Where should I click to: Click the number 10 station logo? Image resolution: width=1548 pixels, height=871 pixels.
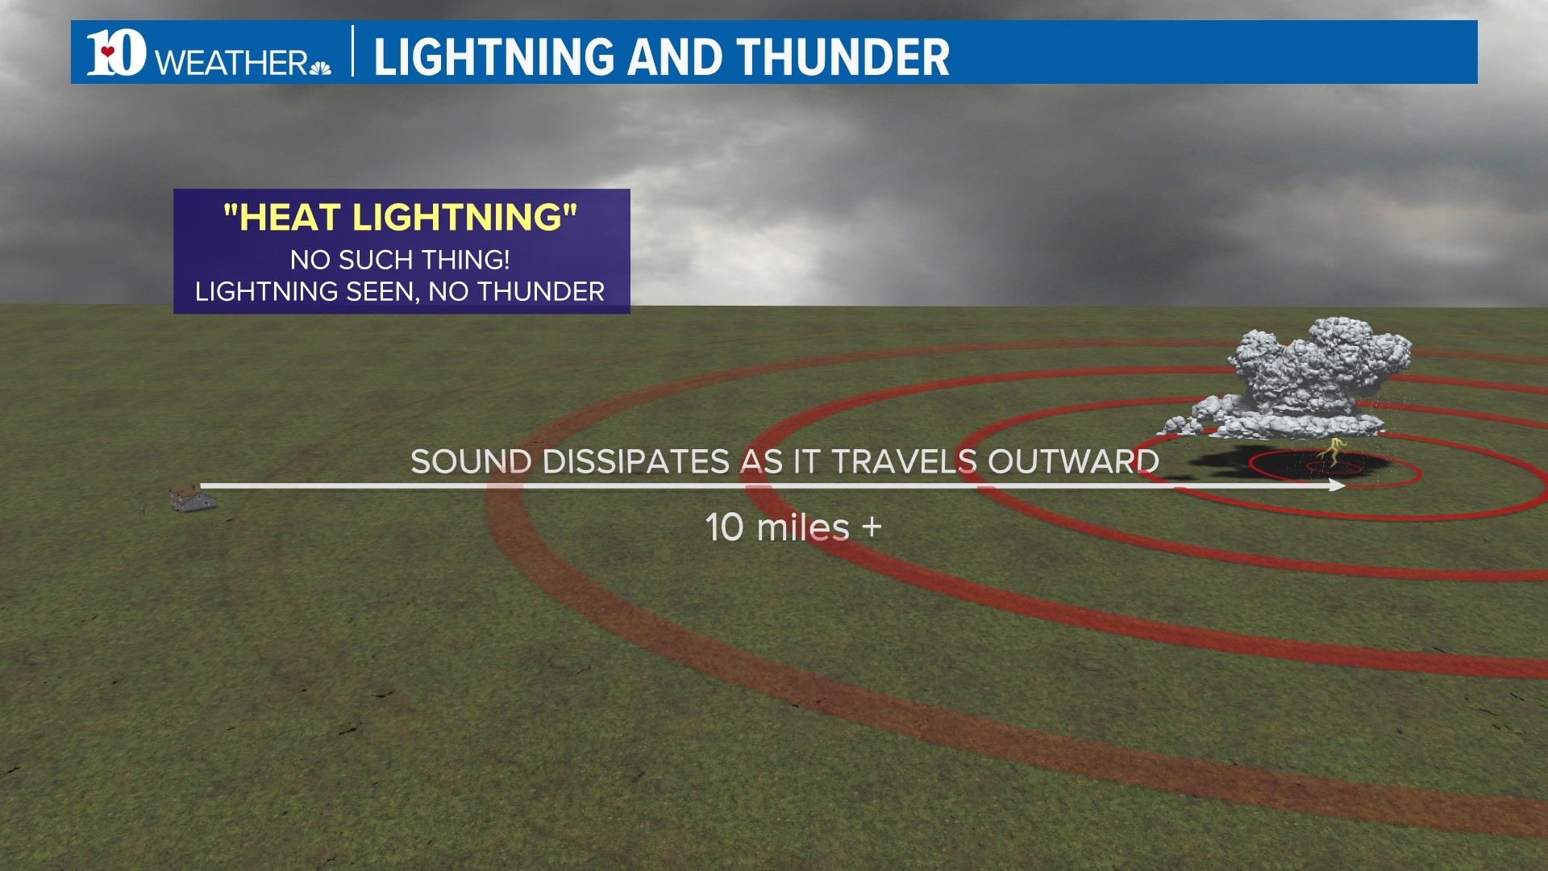(x=116, y=53)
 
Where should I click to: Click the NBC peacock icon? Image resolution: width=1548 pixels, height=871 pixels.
(x=320, y=67)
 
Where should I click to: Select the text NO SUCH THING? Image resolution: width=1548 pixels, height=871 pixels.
(x=400, y=260)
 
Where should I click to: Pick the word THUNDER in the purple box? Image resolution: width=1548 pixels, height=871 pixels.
(x=540, y=291)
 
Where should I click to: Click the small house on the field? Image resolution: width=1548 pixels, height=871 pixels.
(x=192, y=498)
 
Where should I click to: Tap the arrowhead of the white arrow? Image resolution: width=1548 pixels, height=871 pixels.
(x=1338, y=486)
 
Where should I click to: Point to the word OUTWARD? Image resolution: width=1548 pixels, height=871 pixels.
(x=1073, y=462)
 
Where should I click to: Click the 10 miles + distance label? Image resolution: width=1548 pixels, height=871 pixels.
(x=793, y=527)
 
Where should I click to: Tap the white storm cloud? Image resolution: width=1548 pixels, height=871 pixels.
(x=1306, y=379)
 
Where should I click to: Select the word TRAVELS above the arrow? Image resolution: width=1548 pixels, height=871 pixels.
(x=904, y=462)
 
